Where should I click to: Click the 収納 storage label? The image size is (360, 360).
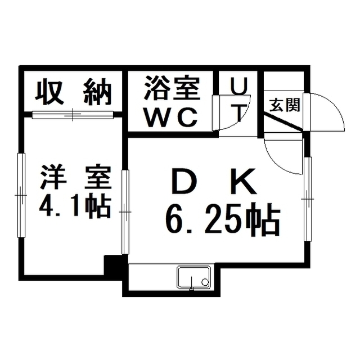click(73, 92)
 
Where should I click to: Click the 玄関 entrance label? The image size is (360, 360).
click(285, 105)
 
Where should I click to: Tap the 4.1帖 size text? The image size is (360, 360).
click(75, 206)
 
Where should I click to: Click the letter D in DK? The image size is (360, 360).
click(184, 181)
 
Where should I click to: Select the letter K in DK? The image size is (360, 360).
click(245, 181)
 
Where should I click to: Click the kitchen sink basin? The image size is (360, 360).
click(193, 277)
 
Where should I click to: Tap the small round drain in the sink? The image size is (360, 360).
click(204, 281)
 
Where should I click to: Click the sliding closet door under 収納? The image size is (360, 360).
click(73, 115)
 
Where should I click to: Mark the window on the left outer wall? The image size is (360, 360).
click(21, 195)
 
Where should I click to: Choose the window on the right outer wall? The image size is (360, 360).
click(308, 199)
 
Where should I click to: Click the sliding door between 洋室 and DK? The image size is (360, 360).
click(125, 212)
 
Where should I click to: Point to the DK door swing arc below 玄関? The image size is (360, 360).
click(283, 157)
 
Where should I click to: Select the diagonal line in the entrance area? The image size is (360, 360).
click(283, 123)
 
